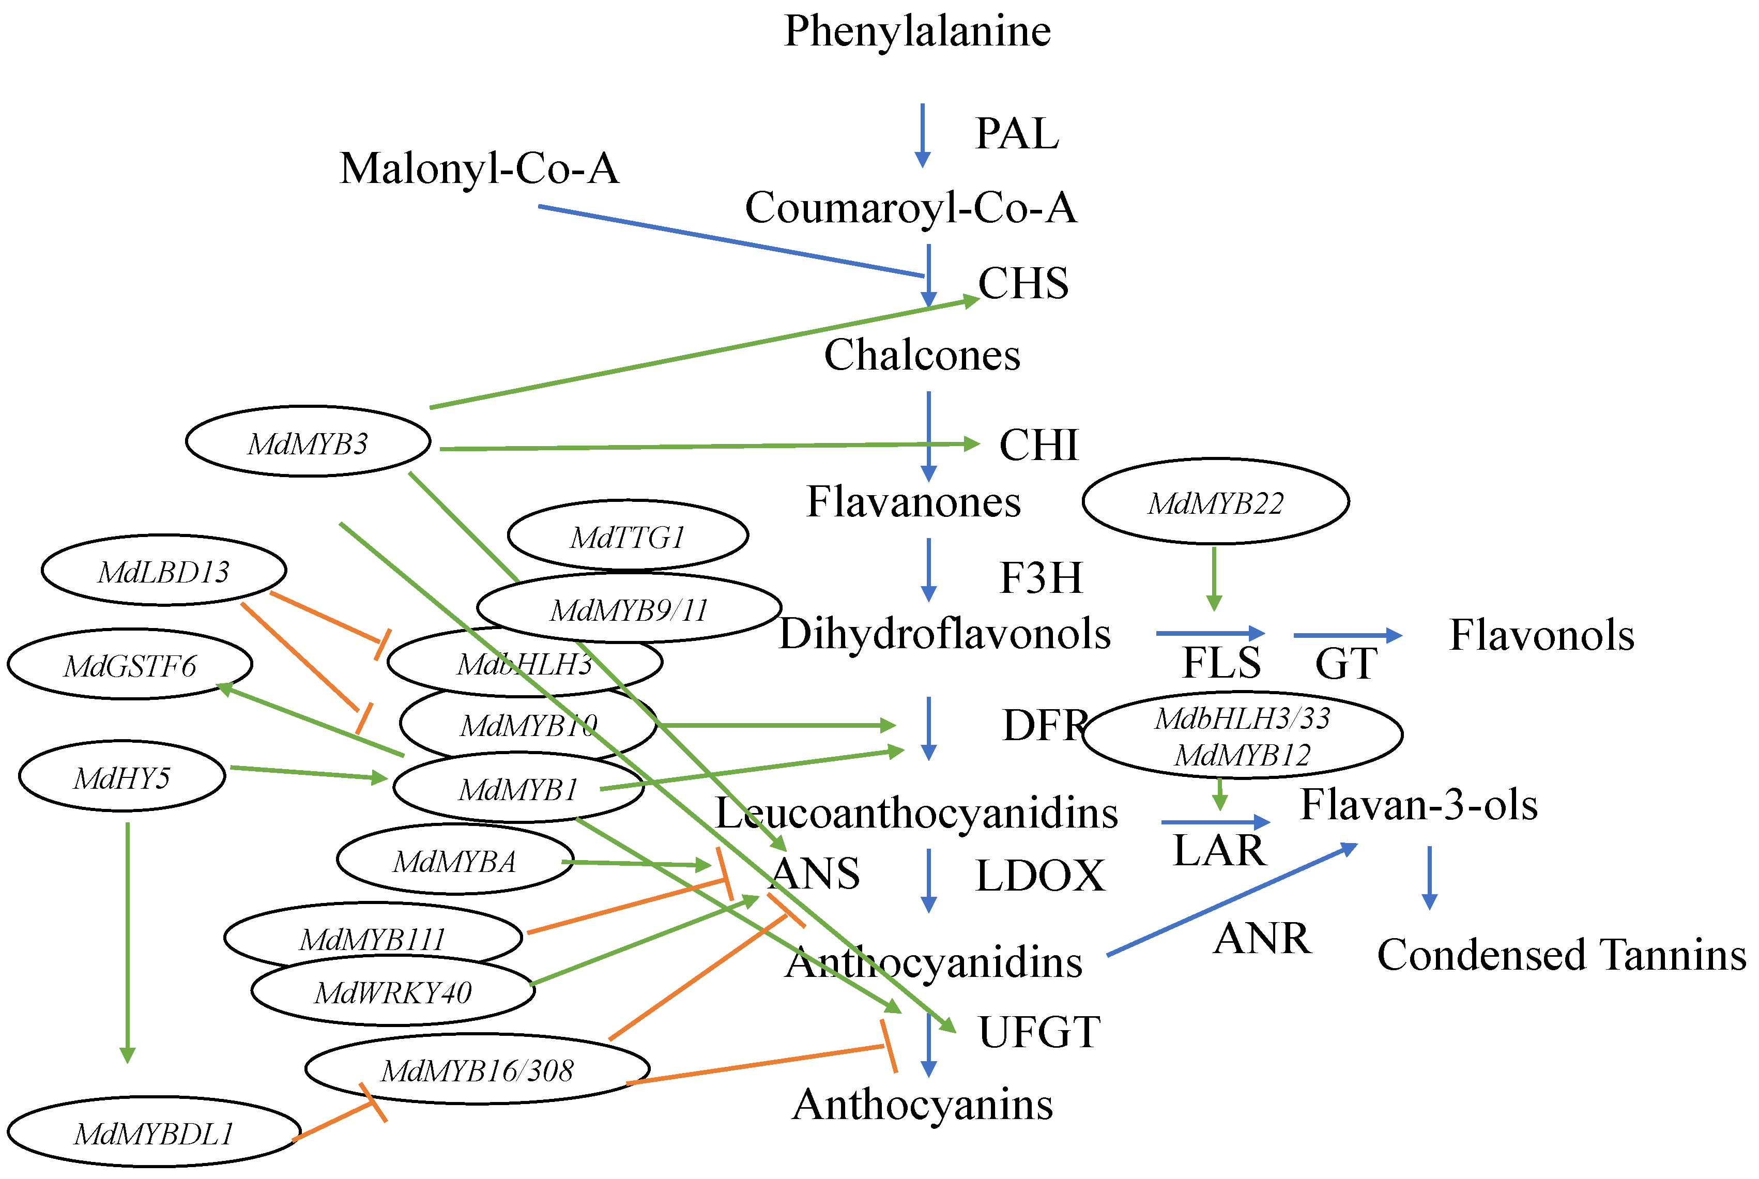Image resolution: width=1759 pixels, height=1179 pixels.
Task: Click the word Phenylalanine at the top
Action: (916, 32)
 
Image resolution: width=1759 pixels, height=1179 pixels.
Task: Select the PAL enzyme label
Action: (1016, 134)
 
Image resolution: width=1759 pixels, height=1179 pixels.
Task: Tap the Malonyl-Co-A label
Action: (479, 169)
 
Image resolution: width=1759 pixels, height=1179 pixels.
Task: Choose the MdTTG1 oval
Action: (627, 536)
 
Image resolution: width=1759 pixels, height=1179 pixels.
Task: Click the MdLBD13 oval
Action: (163, 571)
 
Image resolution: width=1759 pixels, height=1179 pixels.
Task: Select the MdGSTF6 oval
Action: (129, 665)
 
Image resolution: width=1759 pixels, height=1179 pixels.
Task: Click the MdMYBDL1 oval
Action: (154, 1132)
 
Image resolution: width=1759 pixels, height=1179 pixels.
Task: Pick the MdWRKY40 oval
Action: (392, 992)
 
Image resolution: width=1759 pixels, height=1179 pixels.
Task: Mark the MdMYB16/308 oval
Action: (477, 1069)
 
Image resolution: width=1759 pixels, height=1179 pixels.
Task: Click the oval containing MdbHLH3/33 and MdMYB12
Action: (1242, 736)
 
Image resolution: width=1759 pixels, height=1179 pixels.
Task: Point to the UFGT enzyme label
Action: (1039, 1032)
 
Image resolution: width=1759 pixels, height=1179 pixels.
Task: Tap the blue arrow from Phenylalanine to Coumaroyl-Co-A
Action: (922, 135)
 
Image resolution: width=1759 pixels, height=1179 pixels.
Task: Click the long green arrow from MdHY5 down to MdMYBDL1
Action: (127, 940)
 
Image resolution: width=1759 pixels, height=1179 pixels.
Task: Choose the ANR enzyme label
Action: (1262, 938)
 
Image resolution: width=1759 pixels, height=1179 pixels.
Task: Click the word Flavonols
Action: (1541, 635)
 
